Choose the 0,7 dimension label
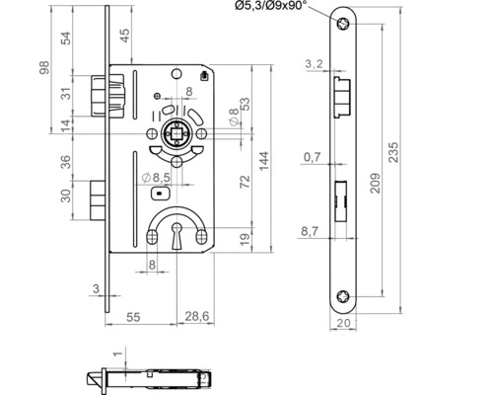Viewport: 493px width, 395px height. [314, 157]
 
